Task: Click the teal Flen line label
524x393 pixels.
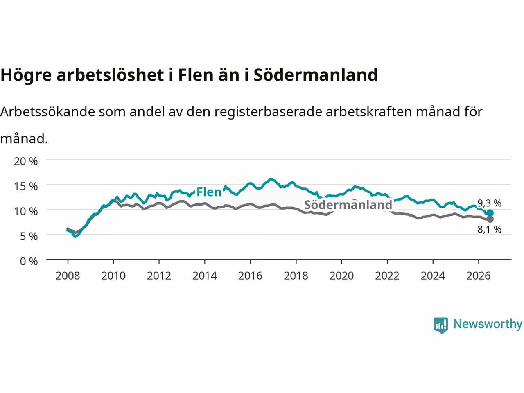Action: [x=209, y=192]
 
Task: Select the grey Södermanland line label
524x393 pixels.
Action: [x=348, y=205]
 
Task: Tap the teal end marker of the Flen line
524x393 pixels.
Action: [x=490, y=213]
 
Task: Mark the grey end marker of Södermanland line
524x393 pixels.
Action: [x=490, y=219]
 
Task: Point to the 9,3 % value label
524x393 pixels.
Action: [x=489, y=203]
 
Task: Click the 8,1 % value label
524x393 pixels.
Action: [x=489, y=230]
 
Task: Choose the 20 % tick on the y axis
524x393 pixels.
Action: [x=26, y=162]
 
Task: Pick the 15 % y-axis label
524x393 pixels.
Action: [x=26, y=186]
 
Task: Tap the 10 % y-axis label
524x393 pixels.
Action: [x=26, y=211]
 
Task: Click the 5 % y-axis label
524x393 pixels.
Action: [x=29, y=237]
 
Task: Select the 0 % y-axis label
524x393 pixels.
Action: [x=29, y=262]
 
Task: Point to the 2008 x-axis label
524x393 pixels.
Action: [x=68, y=276]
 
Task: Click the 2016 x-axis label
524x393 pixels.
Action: [x=250, y=276]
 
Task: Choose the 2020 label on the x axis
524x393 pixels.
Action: [x=341, y=276]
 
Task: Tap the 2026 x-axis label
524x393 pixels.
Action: [x=479, y=276]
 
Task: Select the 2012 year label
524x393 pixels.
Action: [x=159, y=276]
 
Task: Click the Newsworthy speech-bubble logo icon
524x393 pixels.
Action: [x=440, y=325]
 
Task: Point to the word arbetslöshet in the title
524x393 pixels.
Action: [x=110, y=75]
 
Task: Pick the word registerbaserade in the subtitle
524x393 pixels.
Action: [x=268, y=112]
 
